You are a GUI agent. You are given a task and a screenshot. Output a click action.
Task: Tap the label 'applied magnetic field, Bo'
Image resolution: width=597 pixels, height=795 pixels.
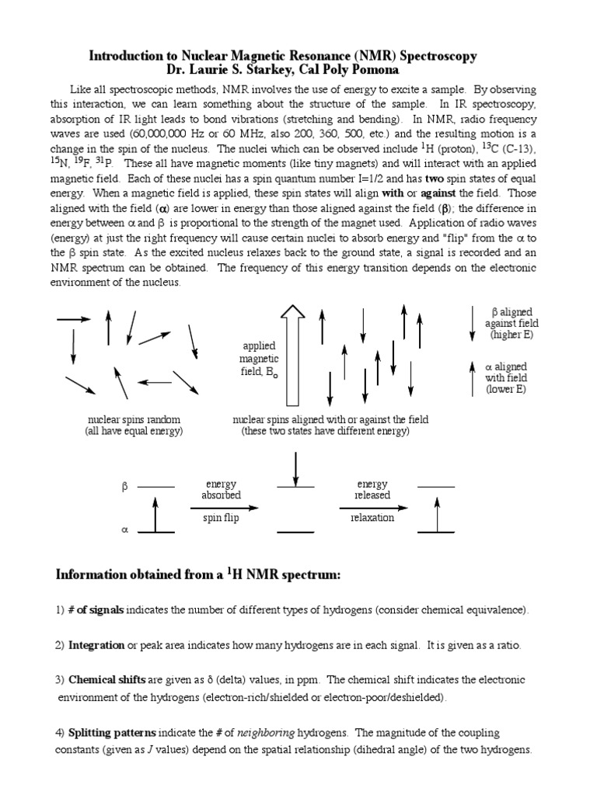tap(259, 359)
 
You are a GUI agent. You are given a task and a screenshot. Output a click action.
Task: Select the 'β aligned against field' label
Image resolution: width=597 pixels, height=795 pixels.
tap(511, 323)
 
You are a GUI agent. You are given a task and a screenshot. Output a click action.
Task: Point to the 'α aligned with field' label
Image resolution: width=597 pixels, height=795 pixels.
tap(506, 377)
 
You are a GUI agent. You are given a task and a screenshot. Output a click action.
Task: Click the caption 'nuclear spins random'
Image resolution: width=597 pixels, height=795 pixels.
tap(134, 420)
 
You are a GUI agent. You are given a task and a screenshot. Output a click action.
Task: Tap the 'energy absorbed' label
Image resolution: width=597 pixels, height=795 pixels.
tap(221, 489)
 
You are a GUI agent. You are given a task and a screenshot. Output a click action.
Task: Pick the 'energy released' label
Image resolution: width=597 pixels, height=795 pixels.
tap(372, 489)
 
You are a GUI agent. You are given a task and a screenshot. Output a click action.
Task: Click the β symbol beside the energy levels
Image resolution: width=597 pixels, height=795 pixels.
tap(124, 488)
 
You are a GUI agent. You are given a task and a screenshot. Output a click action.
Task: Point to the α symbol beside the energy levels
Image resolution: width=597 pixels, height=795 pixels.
tap(124, 531)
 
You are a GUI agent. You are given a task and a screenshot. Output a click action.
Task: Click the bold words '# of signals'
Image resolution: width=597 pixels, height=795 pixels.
tap(96, 610)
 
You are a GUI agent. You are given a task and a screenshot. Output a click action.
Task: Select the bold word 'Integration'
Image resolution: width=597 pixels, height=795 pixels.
tap(96, 645)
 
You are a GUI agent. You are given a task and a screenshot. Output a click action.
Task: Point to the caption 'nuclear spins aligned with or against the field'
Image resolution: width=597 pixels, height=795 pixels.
tap(330, 420)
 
